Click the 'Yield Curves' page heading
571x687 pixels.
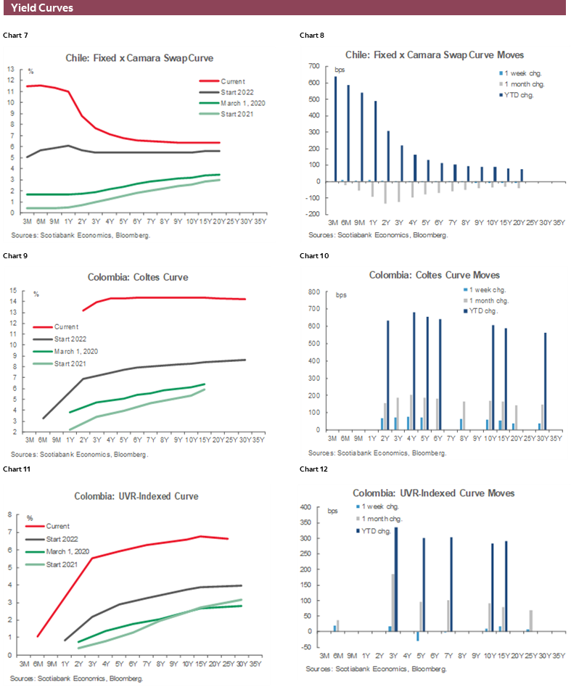pos(42,8)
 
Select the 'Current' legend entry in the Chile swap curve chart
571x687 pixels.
pos(233,81)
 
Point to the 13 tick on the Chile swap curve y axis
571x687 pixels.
pos(12,70)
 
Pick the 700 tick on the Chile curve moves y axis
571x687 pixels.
pos(314,66)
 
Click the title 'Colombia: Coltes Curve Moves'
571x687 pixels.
pos(434,275)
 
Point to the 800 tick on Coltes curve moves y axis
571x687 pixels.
pos(314,292)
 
